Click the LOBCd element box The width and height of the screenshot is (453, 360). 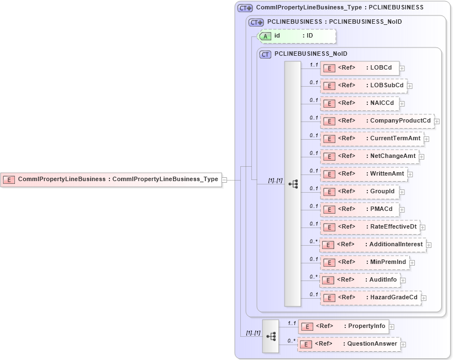point(360,68)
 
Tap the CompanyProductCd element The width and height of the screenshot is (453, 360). point(377,121)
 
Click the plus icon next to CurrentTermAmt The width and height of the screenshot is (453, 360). point(426,139)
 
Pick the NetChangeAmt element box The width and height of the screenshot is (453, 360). point(369,156)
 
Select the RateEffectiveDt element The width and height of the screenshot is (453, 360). point(370,227)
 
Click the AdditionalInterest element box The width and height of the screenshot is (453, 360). point(373,245)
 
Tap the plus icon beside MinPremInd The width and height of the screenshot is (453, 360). point(412,263)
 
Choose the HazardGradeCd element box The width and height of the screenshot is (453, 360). point(370,298)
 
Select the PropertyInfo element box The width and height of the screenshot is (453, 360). point(343,326)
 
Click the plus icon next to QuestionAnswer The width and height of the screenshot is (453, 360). point(403,345)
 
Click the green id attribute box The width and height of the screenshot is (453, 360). point(297,36)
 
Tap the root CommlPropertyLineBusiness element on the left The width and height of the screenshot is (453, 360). point(110,179)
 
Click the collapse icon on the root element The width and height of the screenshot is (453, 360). point(224,179)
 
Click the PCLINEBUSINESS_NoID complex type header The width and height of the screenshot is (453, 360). point(310,54)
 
